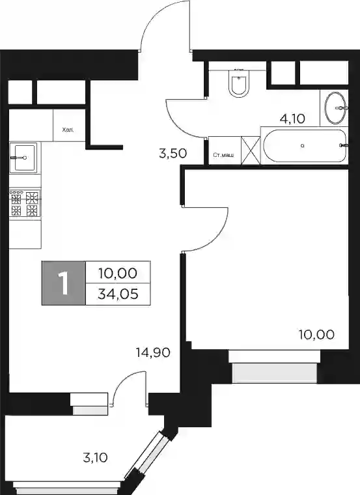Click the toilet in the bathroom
pos(239,83)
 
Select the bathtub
pos(305,145)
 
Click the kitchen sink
pos(23,157)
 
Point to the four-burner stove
pos(25,203)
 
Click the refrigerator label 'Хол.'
pos(68,130)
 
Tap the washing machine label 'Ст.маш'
pos(223,155)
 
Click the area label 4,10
pos(292,119)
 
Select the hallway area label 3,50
pos(173,154)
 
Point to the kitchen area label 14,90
pos(153,352)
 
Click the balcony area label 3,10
pos(95,457)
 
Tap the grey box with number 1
pos(63,283)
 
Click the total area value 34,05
pos(118,294)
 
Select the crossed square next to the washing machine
pos(251,150)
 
